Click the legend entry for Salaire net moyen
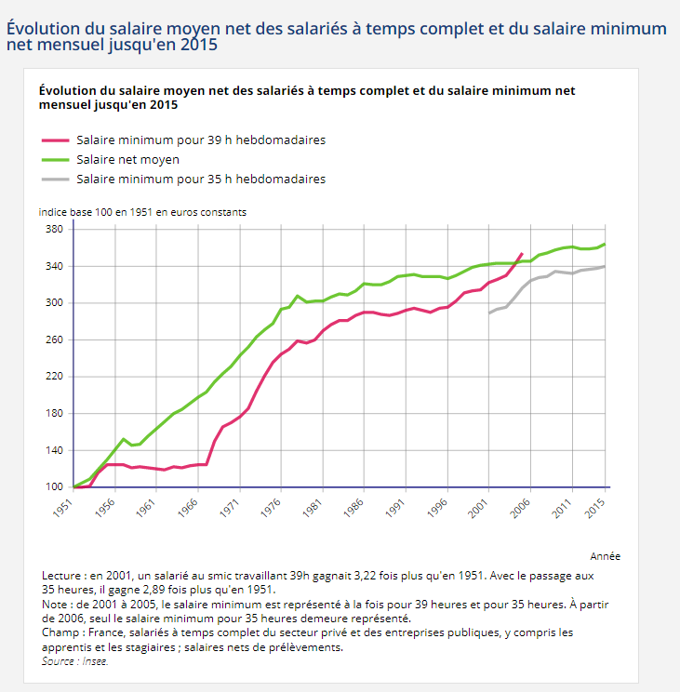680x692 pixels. [127, 159]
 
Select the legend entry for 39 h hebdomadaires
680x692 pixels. [200, 140]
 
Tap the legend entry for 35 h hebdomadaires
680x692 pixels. [200, 178]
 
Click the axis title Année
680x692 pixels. [605, 556]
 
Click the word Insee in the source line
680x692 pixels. [92, 661]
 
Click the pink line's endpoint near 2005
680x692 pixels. [522, 254]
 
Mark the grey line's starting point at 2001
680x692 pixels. [489, 313]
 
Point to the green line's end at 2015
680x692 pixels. [605, 245]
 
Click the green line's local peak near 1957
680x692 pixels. [124, 439]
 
